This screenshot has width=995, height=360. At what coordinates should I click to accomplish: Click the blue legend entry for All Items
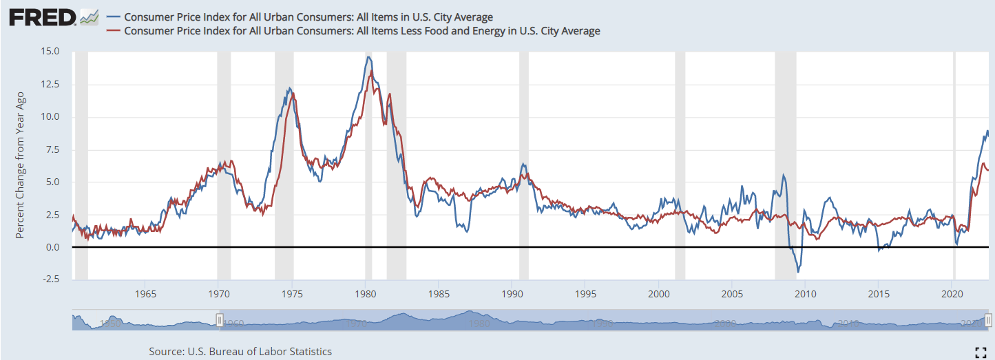(308, 17)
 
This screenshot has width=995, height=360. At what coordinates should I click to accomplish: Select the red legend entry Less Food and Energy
(362, 31)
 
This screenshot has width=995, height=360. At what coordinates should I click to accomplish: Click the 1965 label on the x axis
(145, 295)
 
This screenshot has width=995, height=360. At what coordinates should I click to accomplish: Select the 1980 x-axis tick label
(365, 295)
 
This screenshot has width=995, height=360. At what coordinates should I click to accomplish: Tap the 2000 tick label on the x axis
(659, 295)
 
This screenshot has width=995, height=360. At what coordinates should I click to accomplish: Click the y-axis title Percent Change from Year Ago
(20, 165)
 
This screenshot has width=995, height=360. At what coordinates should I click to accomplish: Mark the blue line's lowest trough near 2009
(798, 272)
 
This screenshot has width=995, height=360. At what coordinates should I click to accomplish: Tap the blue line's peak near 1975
(290, 88)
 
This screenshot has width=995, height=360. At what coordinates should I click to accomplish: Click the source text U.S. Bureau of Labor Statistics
(240, 352)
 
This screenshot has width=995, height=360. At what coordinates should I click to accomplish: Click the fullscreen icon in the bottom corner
(981, 352)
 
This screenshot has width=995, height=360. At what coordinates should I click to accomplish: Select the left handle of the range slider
(220, 319)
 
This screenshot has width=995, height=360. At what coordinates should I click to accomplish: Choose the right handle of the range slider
(988, 319)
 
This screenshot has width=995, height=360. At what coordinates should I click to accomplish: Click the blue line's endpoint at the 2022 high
(987, 131)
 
